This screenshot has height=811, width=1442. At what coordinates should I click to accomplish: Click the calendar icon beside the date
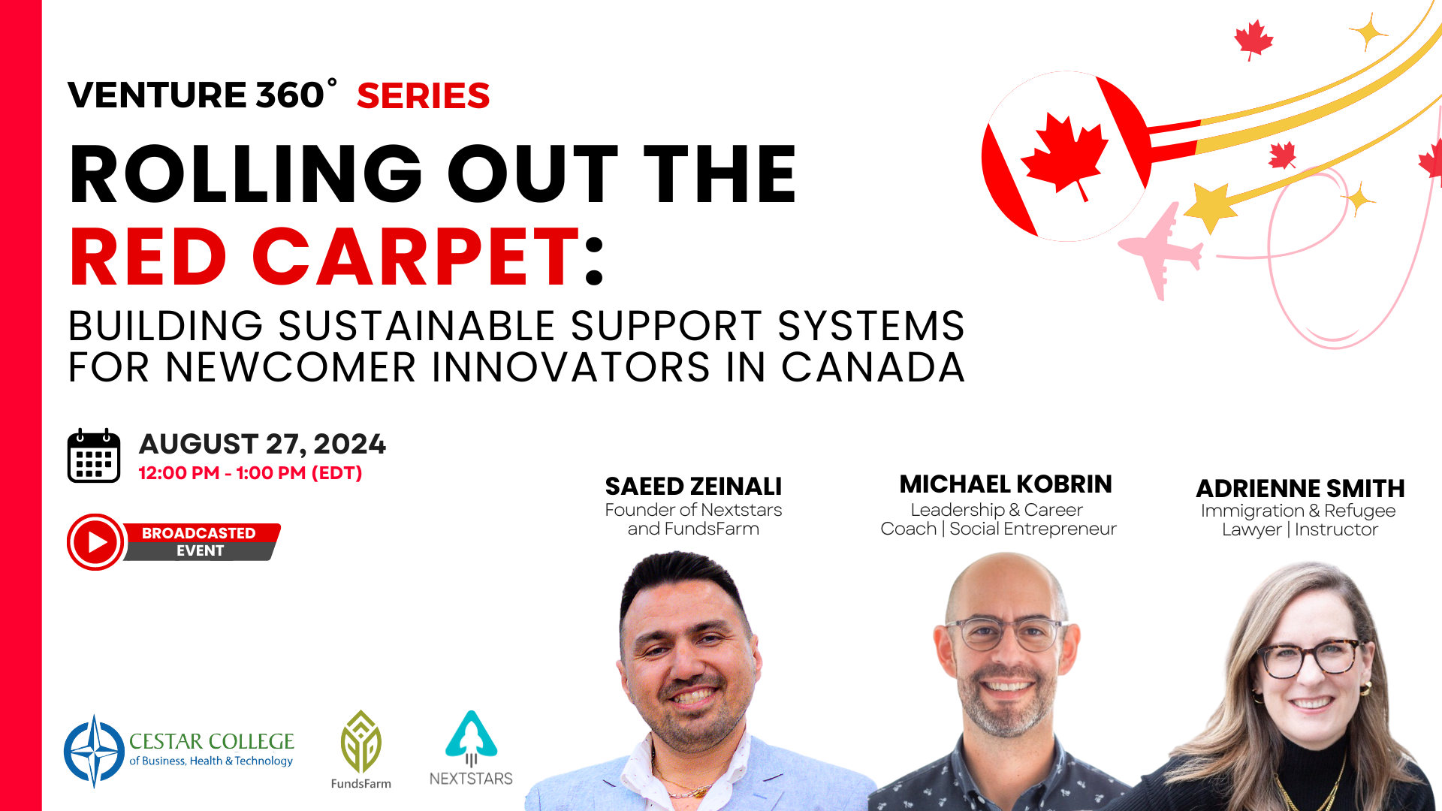pyautogui.click(x=94, y=455)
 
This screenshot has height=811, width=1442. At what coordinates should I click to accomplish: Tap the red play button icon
pyautogui.click(x=95, y=541)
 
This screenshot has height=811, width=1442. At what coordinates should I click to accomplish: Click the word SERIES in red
pyautogui.click(x=423, y=96)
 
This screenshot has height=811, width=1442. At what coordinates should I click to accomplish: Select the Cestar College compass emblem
pyautogui.click(x=94, y=751)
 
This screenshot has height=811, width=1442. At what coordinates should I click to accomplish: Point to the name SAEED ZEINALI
pyautogui.click(x=693, y=487)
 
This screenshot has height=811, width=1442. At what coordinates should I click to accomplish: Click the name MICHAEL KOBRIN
pyautogui.click(x=1006, y=484)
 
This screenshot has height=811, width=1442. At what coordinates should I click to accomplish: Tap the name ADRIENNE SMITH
pyautogui.click(x=1300, y=489)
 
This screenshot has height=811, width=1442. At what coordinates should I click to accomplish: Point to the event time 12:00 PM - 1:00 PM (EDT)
pyautogui.click(x=250, y=473)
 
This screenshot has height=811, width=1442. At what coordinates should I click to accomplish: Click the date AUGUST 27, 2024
pyautogui.click(x=262, y=444)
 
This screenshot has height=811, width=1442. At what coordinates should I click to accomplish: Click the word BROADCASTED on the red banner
pyautogui.click(x=199, y=533)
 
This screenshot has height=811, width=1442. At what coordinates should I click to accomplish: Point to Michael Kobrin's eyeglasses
pyautogui.click(x=1006, y=633)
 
